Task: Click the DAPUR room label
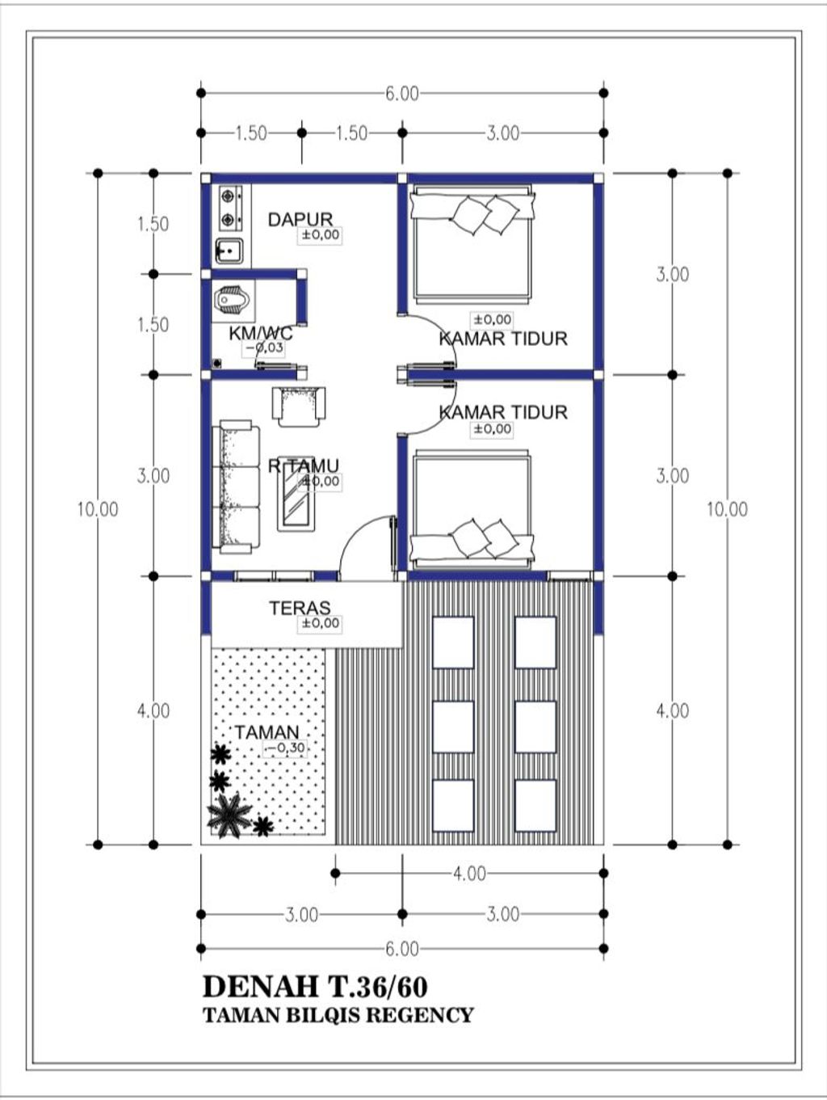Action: click(x=300, y=220)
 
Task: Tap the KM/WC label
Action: click(x=261, y=333)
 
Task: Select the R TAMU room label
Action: click(x=304, y=466)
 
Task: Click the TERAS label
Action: click(x=300, y=608)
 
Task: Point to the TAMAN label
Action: click(x=267, y=733)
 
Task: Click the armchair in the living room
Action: click(x=298, y=407)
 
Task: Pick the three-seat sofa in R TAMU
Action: click(x=236, y=487)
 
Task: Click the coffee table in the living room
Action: click(x=296, y=496)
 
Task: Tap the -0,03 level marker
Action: click(x=264, y=348)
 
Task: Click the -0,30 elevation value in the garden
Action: click(x=285, y=748)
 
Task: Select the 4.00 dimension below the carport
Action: click(x=469, y=874)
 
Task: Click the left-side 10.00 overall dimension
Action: click(x=98, y=509)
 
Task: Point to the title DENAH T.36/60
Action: click(x=315, y=987)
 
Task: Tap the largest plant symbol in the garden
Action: click(x=229, y=814)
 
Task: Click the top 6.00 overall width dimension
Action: click(x=402, y=94)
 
